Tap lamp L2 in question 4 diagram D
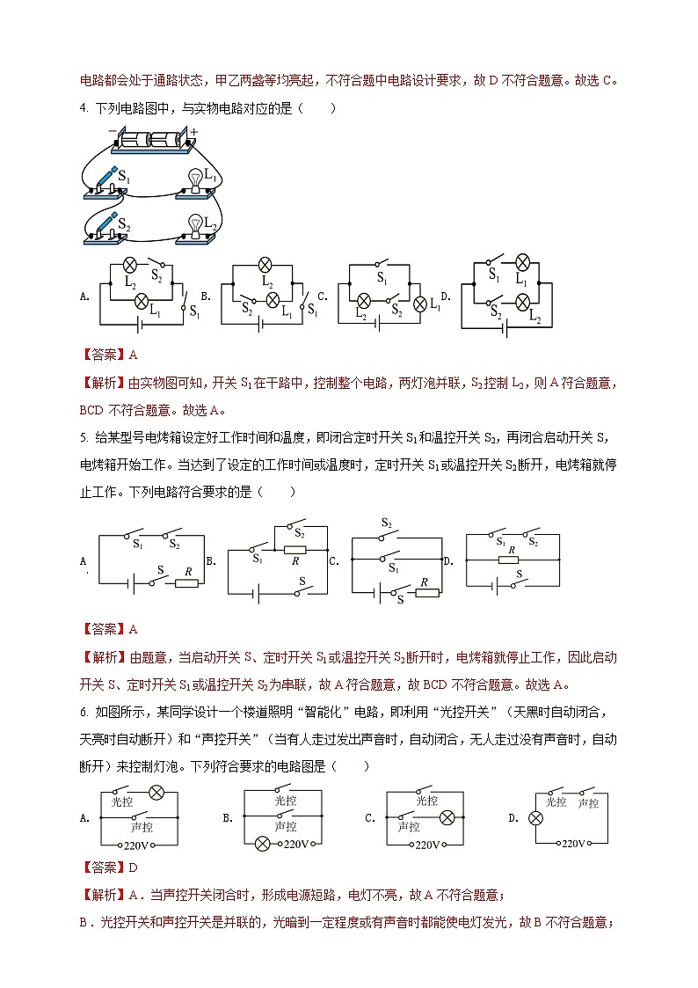tap(520, 302)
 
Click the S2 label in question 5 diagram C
tap(386, 523)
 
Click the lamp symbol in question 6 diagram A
tap(156, 793)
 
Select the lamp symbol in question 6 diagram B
tap(261, 845)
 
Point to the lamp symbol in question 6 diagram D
tap(534, 817)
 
